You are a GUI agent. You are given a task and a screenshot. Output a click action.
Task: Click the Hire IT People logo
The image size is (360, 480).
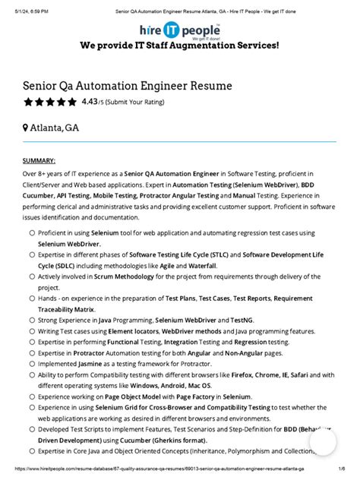[x=179, y=30]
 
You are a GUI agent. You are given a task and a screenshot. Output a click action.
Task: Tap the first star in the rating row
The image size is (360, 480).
[x=28, y=102]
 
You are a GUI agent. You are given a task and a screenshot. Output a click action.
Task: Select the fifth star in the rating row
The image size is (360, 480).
[x=72, y=102]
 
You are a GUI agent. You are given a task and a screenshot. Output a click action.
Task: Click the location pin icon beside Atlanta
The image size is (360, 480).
[x=26, y=128]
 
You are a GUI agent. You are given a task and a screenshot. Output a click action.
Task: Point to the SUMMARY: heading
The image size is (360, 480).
[x=39, y=161]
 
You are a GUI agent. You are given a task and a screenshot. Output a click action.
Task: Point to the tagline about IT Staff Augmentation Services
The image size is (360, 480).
[x=179, y=46]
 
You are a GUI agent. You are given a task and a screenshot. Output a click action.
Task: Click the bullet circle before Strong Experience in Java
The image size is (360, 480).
[x=31, y=321]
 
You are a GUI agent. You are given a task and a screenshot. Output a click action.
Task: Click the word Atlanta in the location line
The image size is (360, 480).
[x=47, y=128]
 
